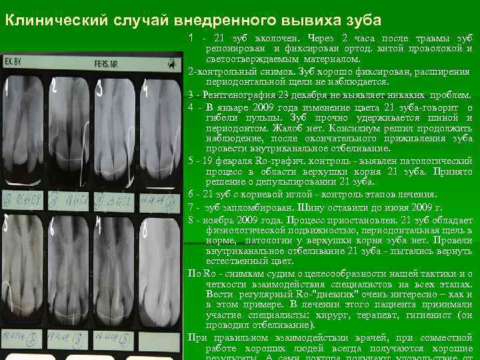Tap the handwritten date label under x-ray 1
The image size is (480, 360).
[26, 199]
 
